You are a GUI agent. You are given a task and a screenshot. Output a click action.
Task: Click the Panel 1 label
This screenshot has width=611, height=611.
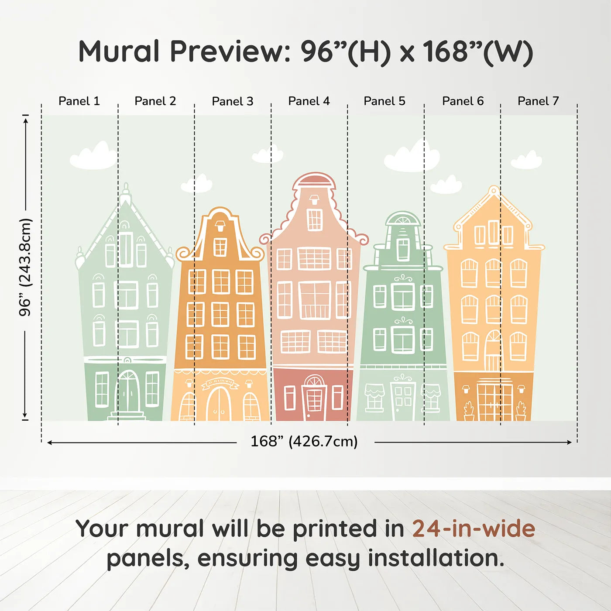(79, 101)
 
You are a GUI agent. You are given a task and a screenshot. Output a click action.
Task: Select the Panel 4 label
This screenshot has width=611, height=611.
(309, 101)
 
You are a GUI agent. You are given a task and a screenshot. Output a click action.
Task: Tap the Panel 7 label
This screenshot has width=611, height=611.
(538, 101)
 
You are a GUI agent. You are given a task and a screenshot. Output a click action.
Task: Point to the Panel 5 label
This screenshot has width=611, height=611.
(384, 101)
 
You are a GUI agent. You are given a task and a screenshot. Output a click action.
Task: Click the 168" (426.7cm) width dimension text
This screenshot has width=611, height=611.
(304, 442)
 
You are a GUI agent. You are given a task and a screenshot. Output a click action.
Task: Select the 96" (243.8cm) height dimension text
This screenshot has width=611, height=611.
(25, 267)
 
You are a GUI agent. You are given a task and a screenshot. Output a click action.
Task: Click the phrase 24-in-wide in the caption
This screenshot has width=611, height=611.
(474, 529)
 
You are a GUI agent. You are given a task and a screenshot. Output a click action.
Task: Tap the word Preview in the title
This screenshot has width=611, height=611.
(227, 51)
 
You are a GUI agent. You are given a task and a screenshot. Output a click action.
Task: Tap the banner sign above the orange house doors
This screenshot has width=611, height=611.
(220, 383)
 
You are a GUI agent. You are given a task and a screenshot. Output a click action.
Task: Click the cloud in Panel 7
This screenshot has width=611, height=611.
(527, 161)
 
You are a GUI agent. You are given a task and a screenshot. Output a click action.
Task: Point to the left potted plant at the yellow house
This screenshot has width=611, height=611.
(469, 411)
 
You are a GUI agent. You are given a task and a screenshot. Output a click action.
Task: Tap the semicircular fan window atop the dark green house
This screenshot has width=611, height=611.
(403, 219)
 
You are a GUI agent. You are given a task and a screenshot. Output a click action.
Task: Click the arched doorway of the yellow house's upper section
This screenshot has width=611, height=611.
(494, 351)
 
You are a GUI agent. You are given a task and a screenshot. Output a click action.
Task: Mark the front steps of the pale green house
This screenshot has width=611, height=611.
(127, 416)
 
